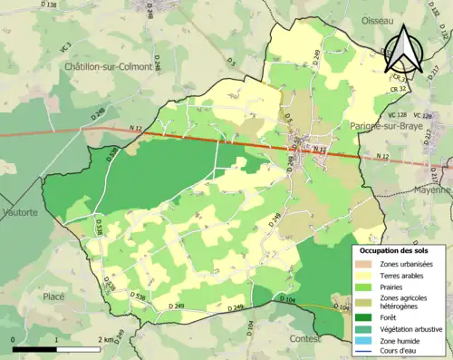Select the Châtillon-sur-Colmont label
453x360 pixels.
(x=108, y=67)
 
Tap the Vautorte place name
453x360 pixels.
(x=19, y=211)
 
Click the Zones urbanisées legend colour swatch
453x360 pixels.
(x=365, y=264)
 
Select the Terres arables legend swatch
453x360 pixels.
(x=365, y=275)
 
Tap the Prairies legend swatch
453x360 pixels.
(x=365, y=286)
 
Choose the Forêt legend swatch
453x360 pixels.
(x=365, y=316)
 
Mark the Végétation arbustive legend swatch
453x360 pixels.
(x=365, y=327)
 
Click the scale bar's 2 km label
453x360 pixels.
(x=105, y=339)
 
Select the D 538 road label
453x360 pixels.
(x=138, y=297)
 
